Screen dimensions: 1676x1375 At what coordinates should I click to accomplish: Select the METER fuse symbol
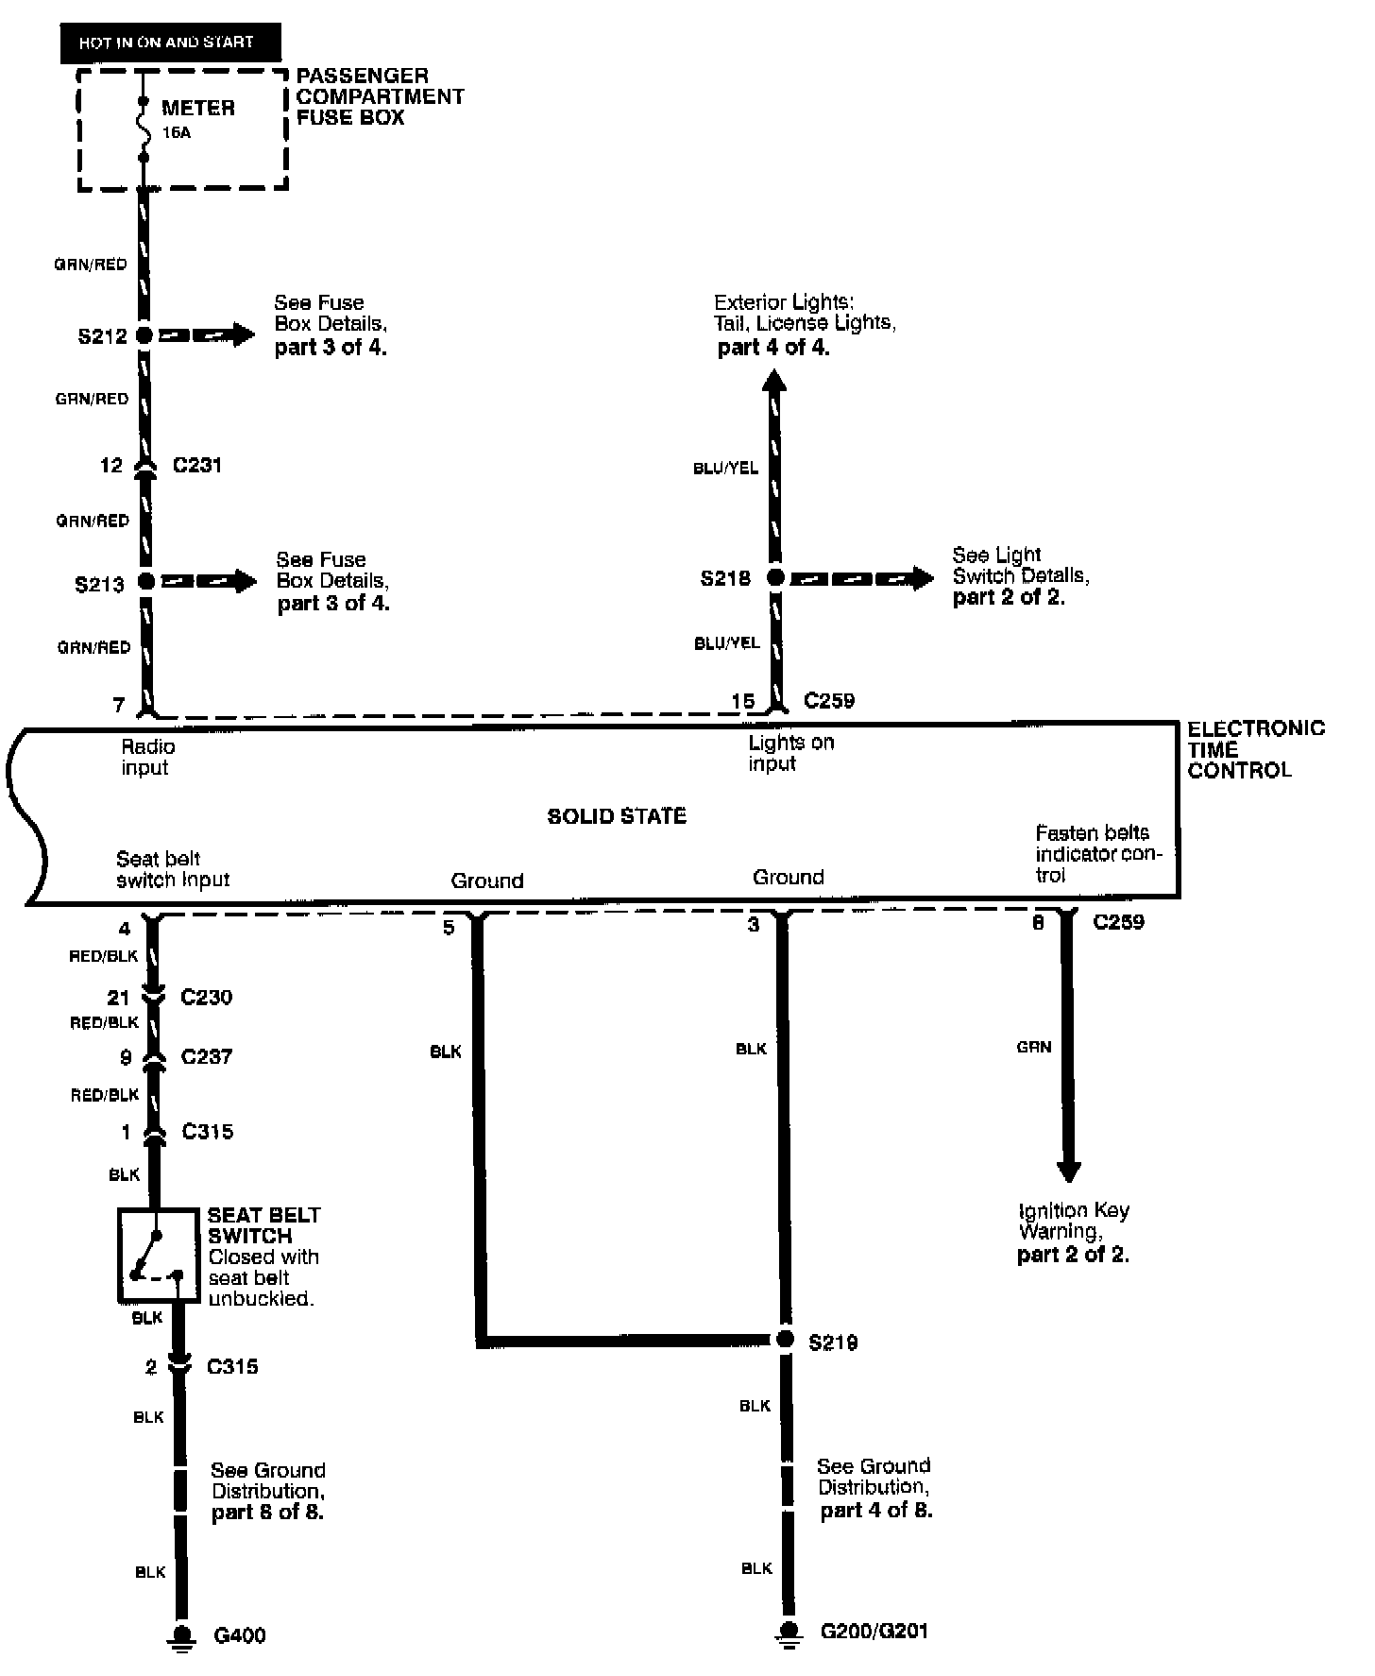tap(144, 128)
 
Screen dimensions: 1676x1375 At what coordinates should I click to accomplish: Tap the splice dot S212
tap(144, 334)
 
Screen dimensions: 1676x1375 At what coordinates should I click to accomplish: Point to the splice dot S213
tap(145, 581)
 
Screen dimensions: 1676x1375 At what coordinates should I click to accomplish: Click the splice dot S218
tap(774, 577)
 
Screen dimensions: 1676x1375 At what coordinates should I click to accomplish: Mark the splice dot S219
tap(784, 1339)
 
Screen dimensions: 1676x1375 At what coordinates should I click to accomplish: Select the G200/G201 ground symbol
tap(786, 1632)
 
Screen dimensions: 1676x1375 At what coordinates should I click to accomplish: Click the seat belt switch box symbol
tap(158, 1255)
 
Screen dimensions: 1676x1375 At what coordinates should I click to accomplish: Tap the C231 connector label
tap(197, 465)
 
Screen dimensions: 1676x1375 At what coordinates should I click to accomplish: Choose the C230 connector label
tap(206, 997)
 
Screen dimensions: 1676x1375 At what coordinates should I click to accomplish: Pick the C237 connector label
tap(206, 1056)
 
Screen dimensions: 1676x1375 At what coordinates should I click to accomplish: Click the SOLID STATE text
tap(617, 816)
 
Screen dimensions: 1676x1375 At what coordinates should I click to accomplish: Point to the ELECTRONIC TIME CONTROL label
tap(1255, 749)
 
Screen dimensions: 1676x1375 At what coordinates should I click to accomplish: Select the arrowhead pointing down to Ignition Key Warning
tap(1068, 1171)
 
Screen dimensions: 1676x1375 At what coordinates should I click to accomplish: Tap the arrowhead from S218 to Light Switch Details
tap(923, 577)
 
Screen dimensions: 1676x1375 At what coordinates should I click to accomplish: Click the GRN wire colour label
tap(1034, 1047)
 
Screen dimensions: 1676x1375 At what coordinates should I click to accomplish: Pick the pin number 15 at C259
tap(743, 701)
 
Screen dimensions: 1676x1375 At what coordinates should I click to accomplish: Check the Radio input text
tap(147, 757)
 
